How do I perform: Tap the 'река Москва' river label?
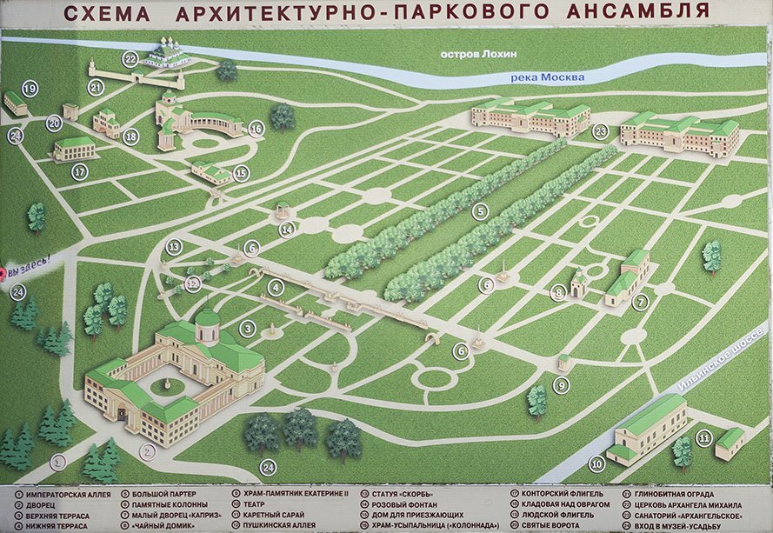pyautogui.click(x=547, y=77)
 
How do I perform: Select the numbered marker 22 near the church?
pyautogui.click(x=130, y=59)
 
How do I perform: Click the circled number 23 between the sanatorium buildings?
pyautogui.click(x=600, y=132)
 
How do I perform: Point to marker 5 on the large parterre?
pyautogui.click(x=480, y=210)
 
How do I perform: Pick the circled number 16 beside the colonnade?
pyautogui.click(x=256, y=129)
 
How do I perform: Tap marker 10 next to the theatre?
pyautogui.click(x=596, y=463)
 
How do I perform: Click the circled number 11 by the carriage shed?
pyautogui.click(x=704, y=438)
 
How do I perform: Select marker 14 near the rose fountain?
pyautogui.click(x=287, y=230)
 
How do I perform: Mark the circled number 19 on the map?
pyautogui.click(x=30, y=89)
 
